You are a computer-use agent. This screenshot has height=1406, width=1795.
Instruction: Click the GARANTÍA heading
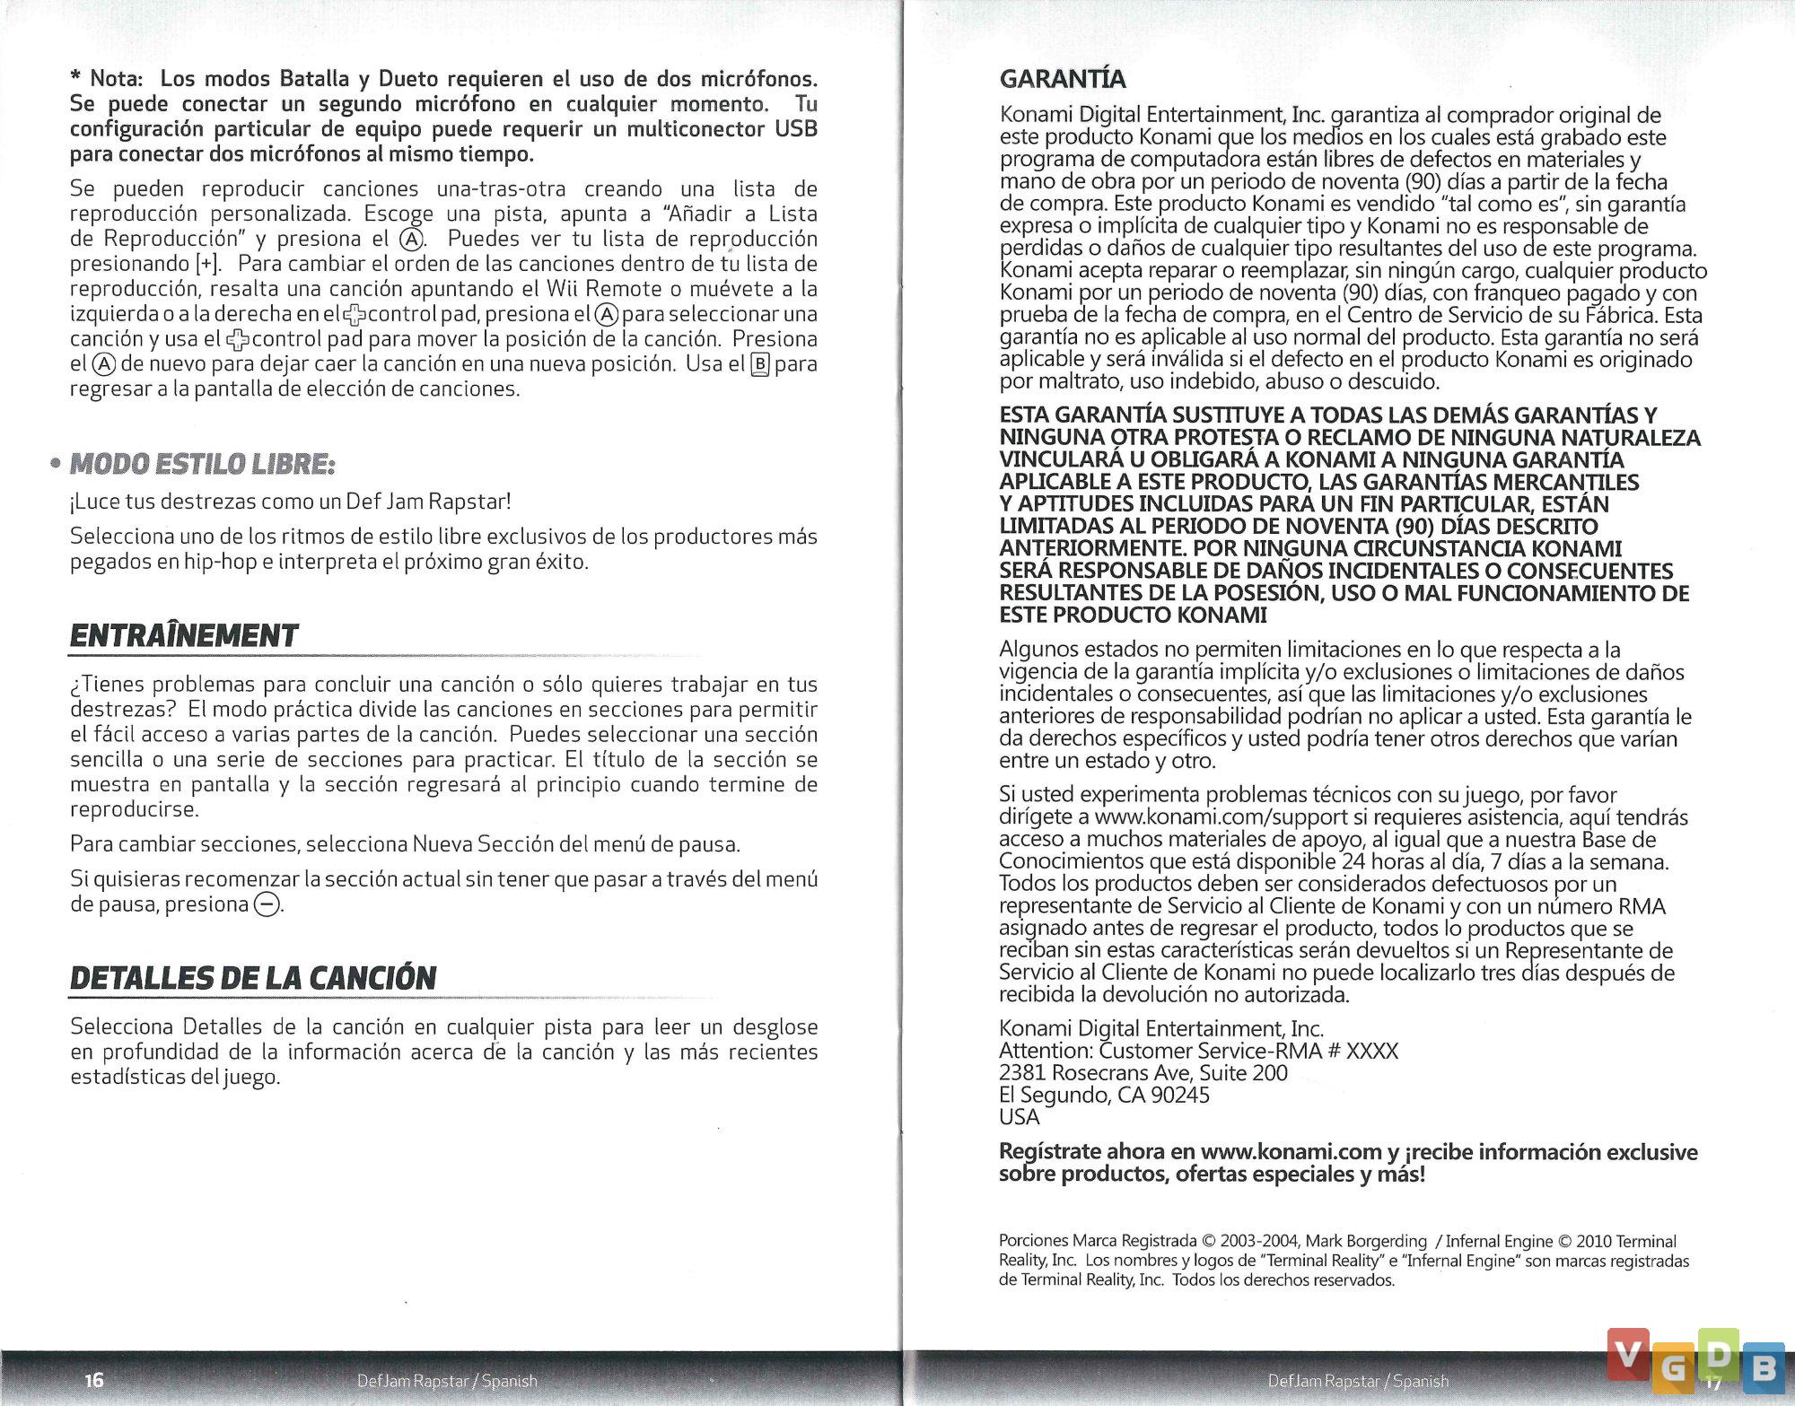click(x=1063, y=79)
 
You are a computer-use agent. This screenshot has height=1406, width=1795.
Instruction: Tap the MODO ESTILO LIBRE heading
click(x=202, y=464)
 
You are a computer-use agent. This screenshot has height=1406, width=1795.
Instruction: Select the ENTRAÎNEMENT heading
click(x=184, y=635)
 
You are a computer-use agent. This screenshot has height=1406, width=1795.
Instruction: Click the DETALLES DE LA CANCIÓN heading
click(x=253, y=977)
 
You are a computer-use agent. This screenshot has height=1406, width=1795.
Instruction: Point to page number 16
click(x=94, y=1379)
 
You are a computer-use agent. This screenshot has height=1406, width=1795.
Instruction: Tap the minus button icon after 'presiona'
click(x=267, y=904)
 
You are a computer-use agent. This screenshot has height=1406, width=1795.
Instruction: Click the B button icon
click(x=760, y=364)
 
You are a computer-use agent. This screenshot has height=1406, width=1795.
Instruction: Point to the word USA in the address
click(x=1019, y=1117)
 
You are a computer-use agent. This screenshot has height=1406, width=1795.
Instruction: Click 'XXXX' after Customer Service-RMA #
click(x=1371, y=1051)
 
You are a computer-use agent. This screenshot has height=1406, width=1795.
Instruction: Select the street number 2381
click(x=1021, y=1073)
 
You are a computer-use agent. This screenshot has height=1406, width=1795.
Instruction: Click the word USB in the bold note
click(x=796, y=129)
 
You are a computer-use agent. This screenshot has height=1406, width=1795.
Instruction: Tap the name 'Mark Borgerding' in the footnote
click(x=1365, y=1241)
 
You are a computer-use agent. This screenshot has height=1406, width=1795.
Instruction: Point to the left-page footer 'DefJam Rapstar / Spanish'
click(x=447, y=1380)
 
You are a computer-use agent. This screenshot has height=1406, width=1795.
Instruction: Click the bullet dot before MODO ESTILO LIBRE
click(x=56, y=465)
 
